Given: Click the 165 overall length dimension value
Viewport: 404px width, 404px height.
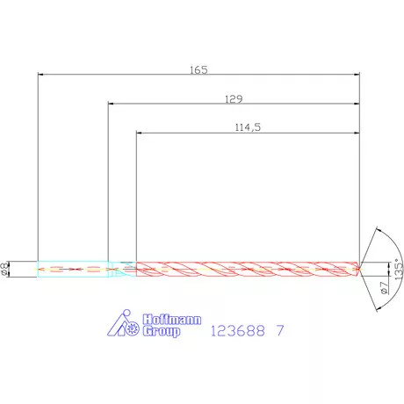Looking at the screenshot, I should (198, 69).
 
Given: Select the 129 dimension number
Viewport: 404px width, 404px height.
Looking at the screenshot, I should (234, 98).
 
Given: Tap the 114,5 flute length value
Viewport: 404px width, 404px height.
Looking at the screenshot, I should (249, 127).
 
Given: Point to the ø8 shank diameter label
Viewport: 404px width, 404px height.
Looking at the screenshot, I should (6, 268).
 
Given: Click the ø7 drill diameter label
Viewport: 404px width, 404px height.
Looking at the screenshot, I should (384, 288).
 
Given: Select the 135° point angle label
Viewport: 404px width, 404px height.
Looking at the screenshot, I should (398, 267).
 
